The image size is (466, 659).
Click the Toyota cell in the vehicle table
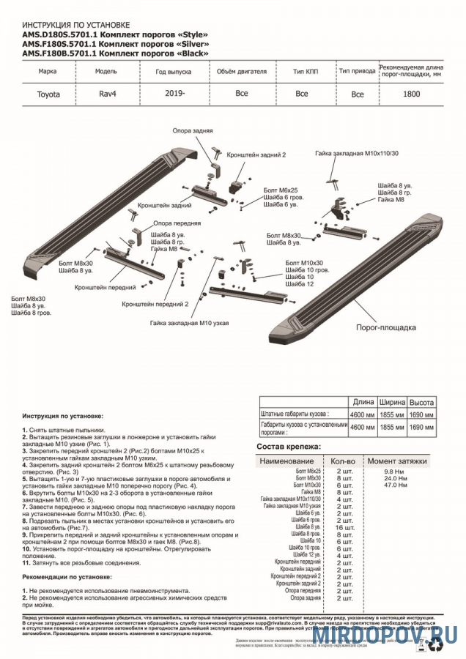point(49,94)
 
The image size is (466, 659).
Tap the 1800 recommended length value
point(411,94)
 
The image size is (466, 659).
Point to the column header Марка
point(48,72)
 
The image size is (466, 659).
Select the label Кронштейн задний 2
point(256,155)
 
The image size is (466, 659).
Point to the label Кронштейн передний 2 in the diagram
point(155,302)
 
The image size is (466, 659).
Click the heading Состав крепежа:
point(289,446)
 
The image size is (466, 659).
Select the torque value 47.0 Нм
point(396,485)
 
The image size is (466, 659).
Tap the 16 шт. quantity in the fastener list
point(344,527)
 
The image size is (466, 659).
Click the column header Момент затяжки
point(396,461)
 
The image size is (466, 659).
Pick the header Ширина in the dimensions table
point(392,402)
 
